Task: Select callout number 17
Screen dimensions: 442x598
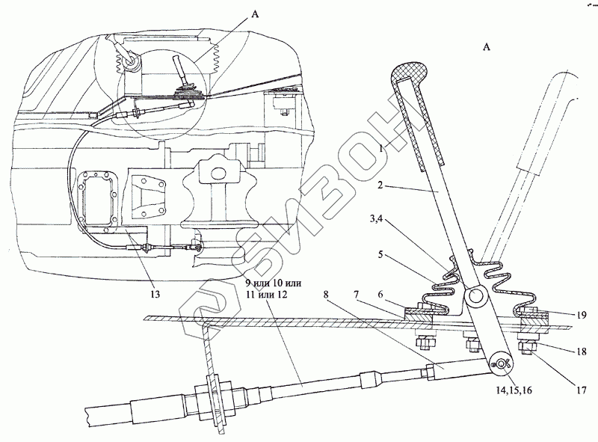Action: (x=582, y=388)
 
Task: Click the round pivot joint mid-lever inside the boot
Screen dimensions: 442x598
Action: (x=476, y=297)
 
